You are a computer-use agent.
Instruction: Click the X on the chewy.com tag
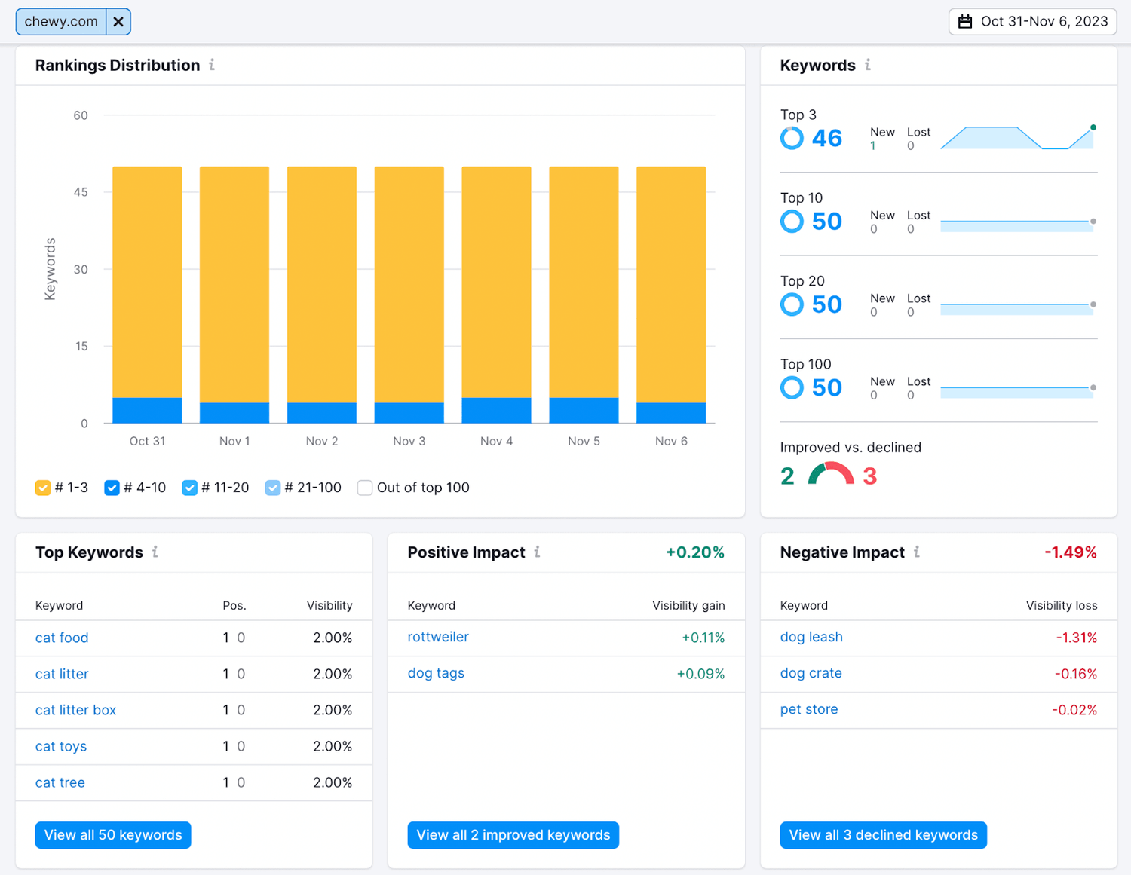pyautogui.click(x=118, y=22)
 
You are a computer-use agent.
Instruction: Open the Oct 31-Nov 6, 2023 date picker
pyautogui.click(x=1032, y=22)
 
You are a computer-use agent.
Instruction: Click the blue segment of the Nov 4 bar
pyautogui.click(x=496, y=411)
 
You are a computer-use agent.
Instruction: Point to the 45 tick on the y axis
pyautogui.click(x=81, y=192)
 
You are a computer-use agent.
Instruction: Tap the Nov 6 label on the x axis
pyautogui.click(x=671, y=441)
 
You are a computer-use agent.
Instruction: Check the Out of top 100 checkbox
pyautogui.click(x=365, y=488)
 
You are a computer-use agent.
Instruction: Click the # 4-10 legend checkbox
pyautogui.click(x=112, y=488)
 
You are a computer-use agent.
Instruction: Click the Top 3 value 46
pyautogui.click(x=826, y=138)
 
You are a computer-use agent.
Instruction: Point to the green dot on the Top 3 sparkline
pyautogui.click(x=1093, y=127)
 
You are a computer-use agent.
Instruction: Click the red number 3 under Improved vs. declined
pyautogui.click(x=869, y=476)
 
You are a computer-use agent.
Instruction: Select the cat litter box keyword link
pyautogui.click(x=75, y=710)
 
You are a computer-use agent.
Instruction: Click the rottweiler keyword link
pyautogui.click(x=438, y=637)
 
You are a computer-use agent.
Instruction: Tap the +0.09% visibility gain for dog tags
pyautogui.click(x=700, y=674)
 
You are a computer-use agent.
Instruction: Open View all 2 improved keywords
pyautogui.click(x=513, y=835)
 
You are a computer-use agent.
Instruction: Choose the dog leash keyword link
pyautogui.click(x=811, y=637)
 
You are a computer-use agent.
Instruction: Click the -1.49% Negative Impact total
pyautogui.click(x=1070, y=552)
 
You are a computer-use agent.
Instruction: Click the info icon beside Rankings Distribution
pyautogui.click(x=212, y=65)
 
